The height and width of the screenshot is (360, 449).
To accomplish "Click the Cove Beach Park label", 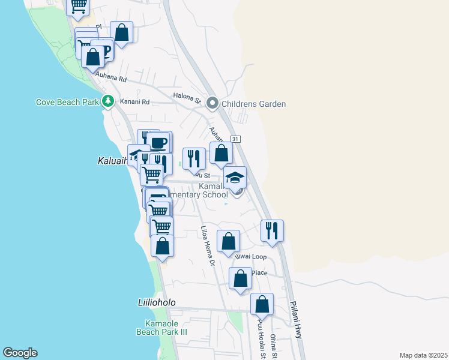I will pyautogui.click(x=67, y=102).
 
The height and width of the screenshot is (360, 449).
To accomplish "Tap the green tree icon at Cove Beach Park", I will pyautogui.click(x=108, y=101).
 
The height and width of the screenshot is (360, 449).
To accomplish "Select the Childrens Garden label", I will pyautogui.click(x=253, y=104).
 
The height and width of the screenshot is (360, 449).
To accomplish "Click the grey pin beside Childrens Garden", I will pyautogui.click(x=212, y=104).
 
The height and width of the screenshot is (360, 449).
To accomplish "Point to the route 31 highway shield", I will pyautogui.click(x=235, y=139).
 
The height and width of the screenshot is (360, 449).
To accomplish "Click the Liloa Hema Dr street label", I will pyautogui.click(x=208, y=246).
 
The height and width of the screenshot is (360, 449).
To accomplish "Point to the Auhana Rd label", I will pyautogui.click(x=113, y=79).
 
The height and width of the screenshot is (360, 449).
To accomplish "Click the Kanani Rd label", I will pyautogui.click(x=133, y=101).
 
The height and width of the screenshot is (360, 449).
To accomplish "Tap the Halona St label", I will pyautogui.click(x=186, y=96).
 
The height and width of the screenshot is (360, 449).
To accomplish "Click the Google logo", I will pyautogui.click(x=20, y=353).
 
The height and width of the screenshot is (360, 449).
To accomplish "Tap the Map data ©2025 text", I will pyautogui.click(x=423, y=355).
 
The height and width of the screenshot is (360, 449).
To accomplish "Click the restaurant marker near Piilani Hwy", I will pyautogui.click(x=272, y=230).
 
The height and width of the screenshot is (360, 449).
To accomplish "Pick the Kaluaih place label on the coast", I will pyautogui.click(x=112, y=161).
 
